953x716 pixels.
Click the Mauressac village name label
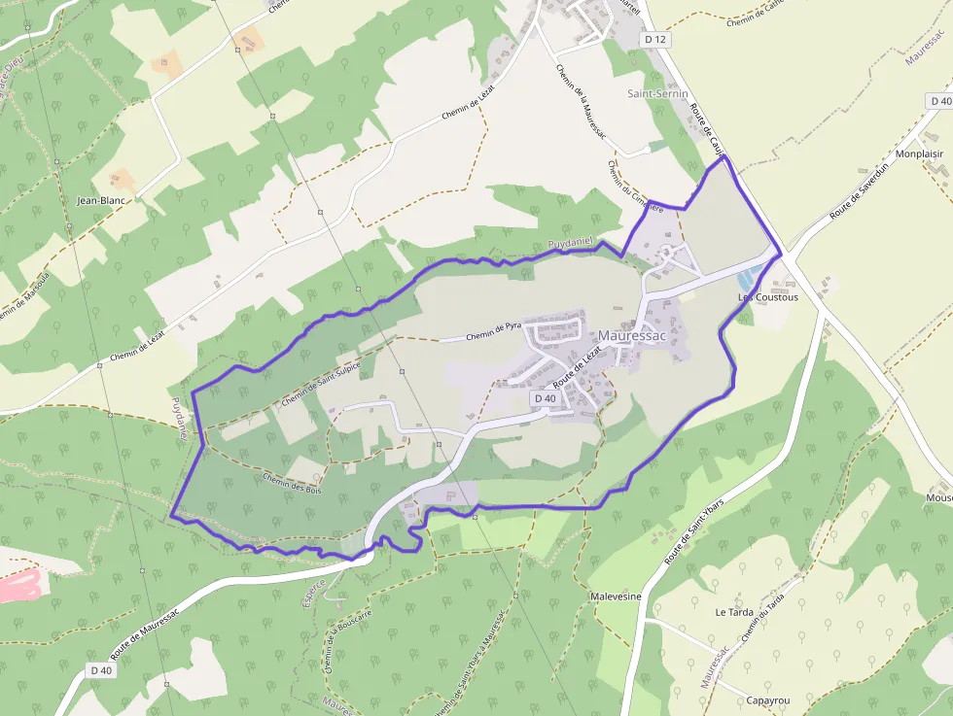tap(631, 336)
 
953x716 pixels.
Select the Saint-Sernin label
tap(656, 94)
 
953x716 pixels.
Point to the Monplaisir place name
tap(920, 154)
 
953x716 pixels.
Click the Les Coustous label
tap(768, 297)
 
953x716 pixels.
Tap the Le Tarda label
tap(734, 613)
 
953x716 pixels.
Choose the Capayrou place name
tap(768, 700)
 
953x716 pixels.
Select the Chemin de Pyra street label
tap(494, 333)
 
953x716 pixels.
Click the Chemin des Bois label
tap(291, 482)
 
